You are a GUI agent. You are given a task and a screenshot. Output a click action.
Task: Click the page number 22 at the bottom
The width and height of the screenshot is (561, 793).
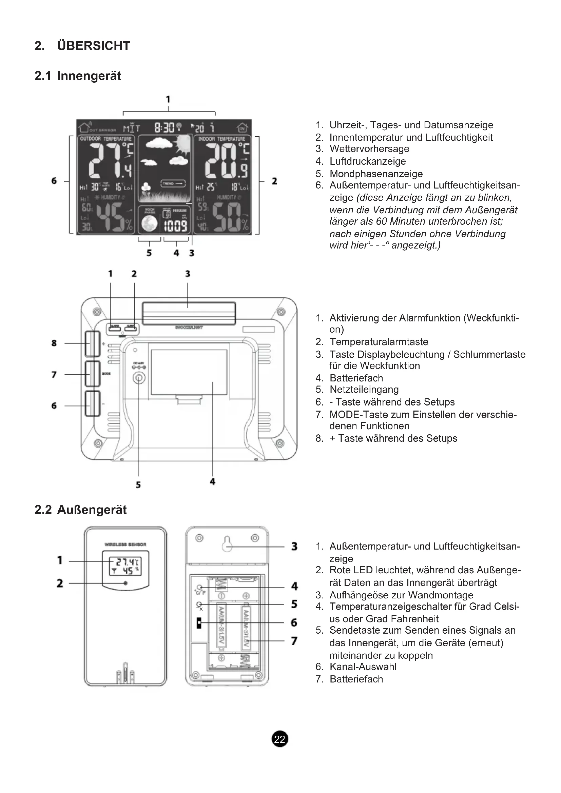(x=279, y=739)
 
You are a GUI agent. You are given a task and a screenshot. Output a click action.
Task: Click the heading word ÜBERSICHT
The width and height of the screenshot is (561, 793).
(x=94, y=45)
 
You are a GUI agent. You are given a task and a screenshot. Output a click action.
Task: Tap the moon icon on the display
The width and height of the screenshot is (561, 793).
(x=150, y=224)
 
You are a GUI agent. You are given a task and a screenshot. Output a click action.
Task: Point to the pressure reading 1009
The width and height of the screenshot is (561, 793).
(x=175, y=226)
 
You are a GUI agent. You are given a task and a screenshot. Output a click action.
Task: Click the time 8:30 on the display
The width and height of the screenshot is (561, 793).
(x=165, y=128)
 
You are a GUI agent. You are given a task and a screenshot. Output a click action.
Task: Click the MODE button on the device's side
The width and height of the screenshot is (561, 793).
(x=92, y=374)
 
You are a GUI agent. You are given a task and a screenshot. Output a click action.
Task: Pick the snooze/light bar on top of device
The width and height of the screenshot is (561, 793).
(x=189, y=313)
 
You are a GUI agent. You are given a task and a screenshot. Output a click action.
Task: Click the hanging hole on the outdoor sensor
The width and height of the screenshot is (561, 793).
(x=227, y=543)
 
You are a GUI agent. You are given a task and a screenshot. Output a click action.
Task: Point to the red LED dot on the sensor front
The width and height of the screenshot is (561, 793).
(x=125, y=583)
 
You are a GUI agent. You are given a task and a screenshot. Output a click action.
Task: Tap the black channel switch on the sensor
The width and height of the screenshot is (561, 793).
(x=199, y=623)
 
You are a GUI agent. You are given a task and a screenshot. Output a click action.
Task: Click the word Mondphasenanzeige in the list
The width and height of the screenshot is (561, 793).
(x=376, y=174)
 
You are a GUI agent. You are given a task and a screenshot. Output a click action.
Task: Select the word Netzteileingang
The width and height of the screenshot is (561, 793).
(x=364, y=390)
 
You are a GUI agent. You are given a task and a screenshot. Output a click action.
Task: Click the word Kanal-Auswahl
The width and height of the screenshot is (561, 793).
(x=363, y=667)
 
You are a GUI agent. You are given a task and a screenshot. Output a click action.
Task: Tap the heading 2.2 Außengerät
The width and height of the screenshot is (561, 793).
(x=80, y=510)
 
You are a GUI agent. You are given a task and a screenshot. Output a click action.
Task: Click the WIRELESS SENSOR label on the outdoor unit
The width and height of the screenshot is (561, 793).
(x=125, y=545)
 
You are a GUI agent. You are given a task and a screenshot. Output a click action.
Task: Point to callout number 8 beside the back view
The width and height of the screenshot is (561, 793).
(x=54, y=343)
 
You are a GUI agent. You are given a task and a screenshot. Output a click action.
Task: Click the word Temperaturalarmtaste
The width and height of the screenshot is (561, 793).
(x=379, y=342)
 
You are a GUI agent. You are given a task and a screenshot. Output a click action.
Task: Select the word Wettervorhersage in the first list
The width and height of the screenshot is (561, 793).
(x=369, y=149)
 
